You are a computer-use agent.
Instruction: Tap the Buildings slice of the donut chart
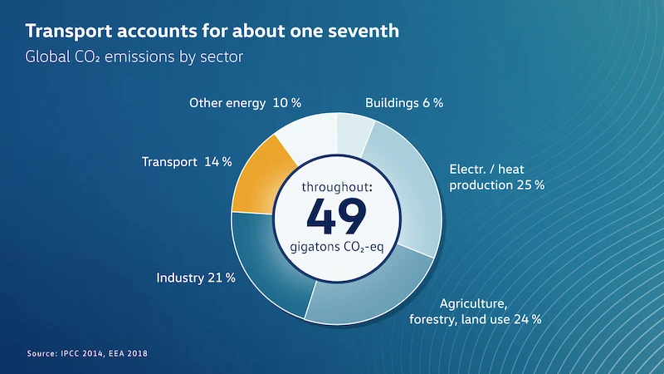(x=354, y=134)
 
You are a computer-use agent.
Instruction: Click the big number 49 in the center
(x=337, y=216)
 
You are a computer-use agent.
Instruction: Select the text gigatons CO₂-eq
(x=337, y=247)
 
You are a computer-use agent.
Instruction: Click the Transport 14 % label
(x=187, y=161)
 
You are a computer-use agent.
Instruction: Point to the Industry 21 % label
(x=196, y=278)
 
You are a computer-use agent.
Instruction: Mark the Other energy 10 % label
(x=245, y=103)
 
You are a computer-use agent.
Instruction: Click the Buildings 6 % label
(x=404, y=102)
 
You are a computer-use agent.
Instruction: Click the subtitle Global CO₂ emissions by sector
(x=134, y=57)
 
